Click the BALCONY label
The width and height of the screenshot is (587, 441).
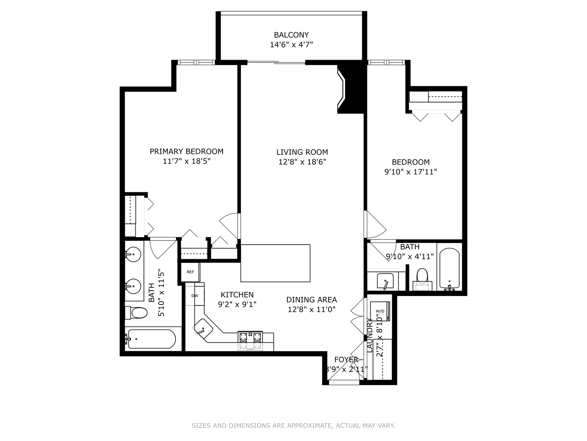point(291,35)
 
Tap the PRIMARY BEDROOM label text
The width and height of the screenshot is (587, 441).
point(186,151)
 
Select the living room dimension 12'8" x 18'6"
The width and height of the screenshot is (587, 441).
point(302,162)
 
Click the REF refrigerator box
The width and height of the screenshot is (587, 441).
point(190,272)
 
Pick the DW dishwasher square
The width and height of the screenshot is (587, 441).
point(194,296)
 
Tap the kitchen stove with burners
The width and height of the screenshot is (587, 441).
point(250,341)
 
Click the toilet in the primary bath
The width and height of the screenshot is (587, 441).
point(136,313)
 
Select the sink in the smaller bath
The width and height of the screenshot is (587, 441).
point(385,281)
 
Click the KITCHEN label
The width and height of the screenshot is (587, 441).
point(237,295)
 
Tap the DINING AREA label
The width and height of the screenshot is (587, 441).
point(311,300)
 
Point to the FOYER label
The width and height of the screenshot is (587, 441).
point(346,360)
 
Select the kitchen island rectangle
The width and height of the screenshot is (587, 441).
point(275,263)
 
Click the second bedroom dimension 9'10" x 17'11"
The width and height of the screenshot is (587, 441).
point(410,172)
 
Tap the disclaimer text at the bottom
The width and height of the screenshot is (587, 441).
point(293,426)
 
